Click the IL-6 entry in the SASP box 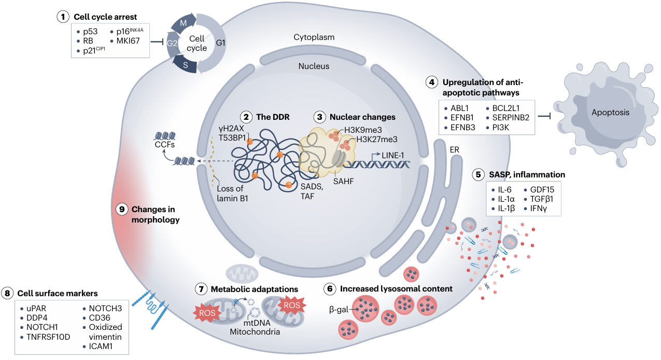[x=502, y=189]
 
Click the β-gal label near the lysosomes [x=339, y=310]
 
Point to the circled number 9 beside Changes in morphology [x=122, y=209]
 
